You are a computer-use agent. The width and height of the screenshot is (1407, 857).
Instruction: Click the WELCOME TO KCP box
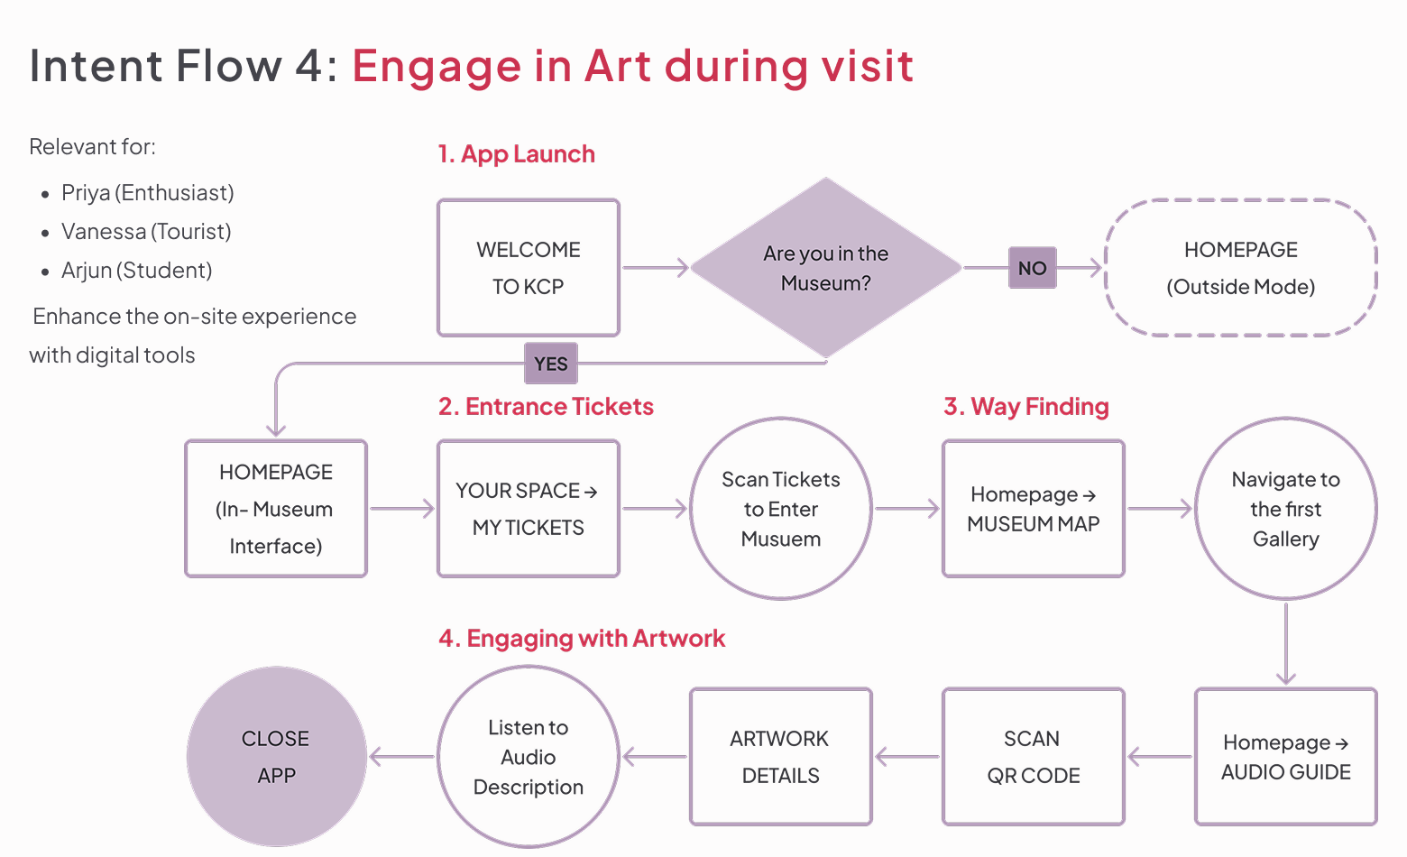point(529,268)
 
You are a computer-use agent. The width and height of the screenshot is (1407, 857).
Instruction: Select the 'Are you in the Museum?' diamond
point(825,268)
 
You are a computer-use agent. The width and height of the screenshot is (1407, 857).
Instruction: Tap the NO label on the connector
point(1032,268)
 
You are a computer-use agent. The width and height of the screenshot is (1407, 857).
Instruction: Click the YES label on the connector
point(550,364)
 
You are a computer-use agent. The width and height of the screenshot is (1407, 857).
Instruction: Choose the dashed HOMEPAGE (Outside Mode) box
point(1240,268)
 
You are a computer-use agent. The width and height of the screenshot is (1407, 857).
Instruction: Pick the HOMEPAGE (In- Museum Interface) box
point(276,509)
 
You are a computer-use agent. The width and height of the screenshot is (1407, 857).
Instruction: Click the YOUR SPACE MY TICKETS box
point(529,509)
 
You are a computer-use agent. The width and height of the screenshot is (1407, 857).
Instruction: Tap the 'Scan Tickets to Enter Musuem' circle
point(781,509)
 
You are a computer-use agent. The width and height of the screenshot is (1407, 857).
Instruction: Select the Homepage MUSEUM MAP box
point(1034,509)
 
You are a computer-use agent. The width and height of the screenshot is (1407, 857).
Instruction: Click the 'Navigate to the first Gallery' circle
point(1286,509)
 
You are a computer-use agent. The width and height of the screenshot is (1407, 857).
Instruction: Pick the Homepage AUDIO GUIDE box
point(1286,757)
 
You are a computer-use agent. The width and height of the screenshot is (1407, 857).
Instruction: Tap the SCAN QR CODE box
point(1034,757)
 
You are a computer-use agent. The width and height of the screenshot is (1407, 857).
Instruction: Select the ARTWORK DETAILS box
point(781,757)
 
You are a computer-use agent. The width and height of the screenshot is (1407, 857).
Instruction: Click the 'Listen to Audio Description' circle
point(529,757)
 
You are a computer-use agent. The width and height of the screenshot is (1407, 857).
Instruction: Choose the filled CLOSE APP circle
point(276,757)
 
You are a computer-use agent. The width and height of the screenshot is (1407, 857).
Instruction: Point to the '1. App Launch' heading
point(516,154)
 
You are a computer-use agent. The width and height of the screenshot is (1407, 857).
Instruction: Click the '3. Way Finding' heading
point(1026,407)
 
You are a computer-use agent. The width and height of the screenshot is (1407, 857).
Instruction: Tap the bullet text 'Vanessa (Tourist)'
point(146,232)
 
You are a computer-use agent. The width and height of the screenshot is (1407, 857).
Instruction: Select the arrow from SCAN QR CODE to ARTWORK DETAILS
point(906,757)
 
